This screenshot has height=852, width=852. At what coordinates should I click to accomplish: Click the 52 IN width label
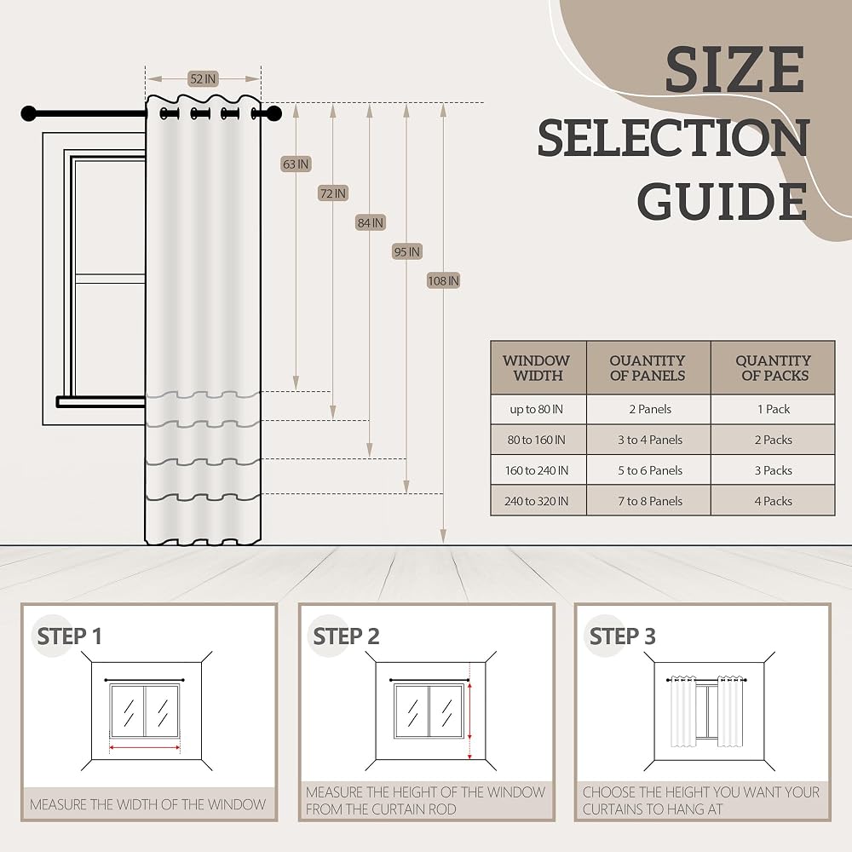(x=204, y=78)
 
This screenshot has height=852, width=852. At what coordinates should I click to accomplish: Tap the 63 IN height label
(x=296, y=164)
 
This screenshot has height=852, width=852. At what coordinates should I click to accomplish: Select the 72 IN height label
(x=332, y=193)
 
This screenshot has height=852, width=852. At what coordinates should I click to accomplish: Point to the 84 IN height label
(x=370, y=222)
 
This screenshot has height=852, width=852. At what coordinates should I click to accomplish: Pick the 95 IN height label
(x=407, y=251)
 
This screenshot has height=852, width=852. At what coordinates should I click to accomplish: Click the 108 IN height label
(x=443, y=281)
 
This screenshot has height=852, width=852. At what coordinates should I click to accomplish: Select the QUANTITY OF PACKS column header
(x=774, y=368)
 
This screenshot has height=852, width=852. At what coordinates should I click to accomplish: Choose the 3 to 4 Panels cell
(x=649, y=440)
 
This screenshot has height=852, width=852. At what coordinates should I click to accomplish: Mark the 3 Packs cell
(x=774, y=470)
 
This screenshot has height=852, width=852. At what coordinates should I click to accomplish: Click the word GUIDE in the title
(x=722, y=200)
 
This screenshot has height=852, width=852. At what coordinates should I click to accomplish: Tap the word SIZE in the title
(x=734, y=70)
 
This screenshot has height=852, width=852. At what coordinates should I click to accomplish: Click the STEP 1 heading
(x=70, y=636)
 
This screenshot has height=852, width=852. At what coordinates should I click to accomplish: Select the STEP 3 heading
(x=622, y=636)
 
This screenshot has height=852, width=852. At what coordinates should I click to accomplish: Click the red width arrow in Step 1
(x=145, y=748)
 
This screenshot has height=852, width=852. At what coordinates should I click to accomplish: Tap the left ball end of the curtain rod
(x=28, y=114)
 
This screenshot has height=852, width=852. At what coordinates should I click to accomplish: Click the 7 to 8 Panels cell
(x=649, y=501)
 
